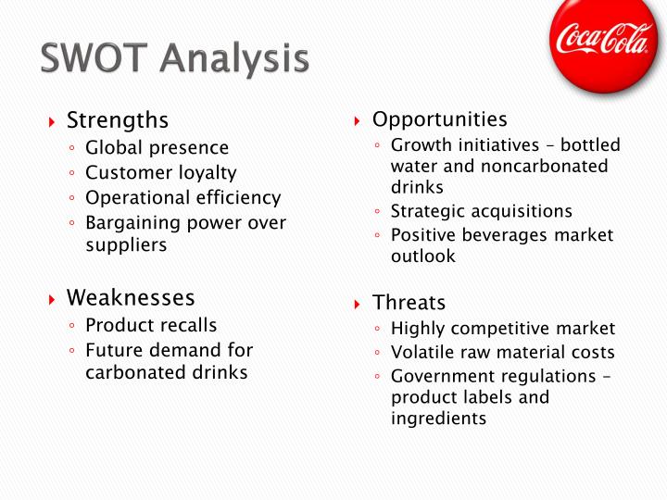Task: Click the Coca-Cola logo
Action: click(x=603, y=41)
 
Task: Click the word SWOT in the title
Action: click(x=94, y=58)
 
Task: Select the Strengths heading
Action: click(x=118, y=120)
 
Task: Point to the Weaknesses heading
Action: click(x=131, y=298)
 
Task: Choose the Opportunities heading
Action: click(x=439, y=119)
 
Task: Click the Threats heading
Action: click(x=409, y=303)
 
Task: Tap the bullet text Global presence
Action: click(x=157, y=148)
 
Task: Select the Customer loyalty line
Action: click(x=160, y=173)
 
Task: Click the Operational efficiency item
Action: click(x=182, y=198)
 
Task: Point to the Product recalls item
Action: click(x=151, y=325)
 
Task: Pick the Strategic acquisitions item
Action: click(x=481, y=211)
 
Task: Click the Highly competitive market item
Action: click(x=502, y=329)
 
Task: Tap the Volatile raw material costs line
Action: click(x=502, y=353)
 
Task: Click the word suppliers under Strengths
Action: click(x=126, y=245)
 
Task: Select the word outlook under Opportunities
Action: click(x=422, y=256)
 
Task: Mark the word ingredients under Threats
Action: click(x=438, y=419)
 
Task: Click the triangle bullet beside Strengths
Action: click(x=53, y=121)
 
